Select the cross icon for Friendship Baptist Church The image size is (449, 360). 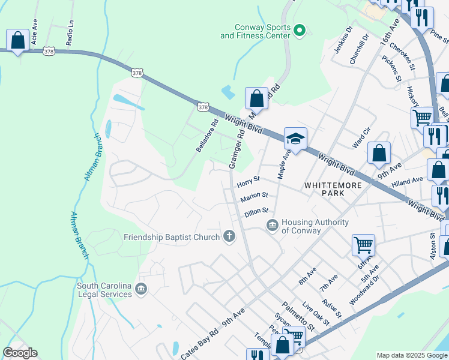point(228,237)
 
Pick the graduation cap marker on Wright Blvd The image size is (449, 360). point(295,139)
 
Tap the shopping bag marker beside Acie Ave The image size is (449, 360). point(18,41)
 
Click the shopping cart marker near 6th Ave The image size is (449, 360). point(363,244)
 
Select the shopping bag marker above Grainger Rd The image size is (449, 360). point(256,98)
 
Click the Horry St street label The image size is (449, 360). point(248,179)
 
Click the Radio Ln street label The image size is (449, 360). point(70,34)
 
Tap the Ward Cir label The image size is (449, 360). point(363,142)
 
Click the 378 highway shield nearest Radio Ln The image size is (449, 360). point(50,52)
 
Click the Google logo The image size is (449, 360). point(20,353)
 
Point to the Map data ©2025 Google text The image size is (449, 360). point(411,355)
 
